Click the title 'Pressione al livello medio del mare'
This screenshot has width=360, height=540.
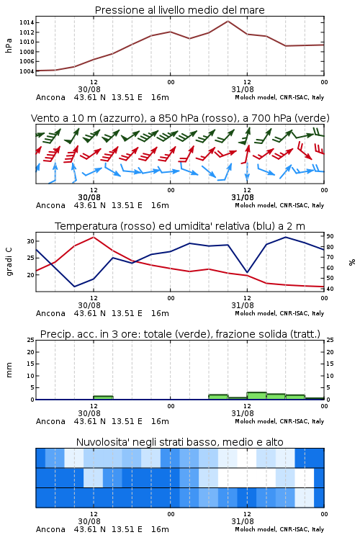coord(179,10)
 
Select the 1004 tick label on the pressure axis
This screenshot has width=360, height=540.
coord(27,71)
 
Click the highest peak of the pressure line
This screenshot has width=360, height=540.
coord(228,21)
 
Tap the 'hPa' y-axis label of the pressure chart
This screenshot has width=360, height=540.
coord(9,45)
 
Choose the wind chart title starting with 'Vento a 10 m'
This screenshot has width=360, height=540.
coord(180,118)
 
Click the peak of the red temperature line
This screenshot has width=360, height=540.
coord(94,237)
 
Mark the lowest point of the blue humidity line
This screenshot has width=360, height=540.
coord(74,287)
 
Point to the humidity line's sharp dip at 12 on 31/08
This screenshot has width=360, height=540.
coord(247,272)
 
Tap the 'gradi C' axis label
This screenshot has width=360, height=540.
coord(9,261)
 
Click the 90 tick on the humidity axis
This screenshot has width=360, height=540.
coord(330,236)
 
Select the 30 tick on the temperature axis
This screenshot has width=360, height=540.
coord(31,241)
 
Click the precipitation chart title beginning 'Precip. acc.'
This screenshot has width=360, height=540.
coord(180,334)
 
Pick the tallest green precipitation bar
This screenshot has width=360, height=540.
coord(256,396)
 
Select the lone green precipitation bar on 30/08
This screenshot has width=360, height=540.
coord(103,397)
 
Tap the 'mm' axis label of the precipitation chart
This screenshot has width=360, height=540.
coord(9,370)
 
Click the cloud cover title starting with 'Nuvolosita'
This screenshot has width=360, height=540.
coord(179,442)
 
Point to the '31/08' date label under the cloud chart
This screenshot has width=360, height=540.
coord(243,521)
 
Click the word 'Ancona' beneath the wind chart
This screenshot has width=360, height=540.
coord(50,205)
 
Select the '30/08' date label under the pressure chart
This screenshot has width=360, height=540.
coord(89,89)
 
